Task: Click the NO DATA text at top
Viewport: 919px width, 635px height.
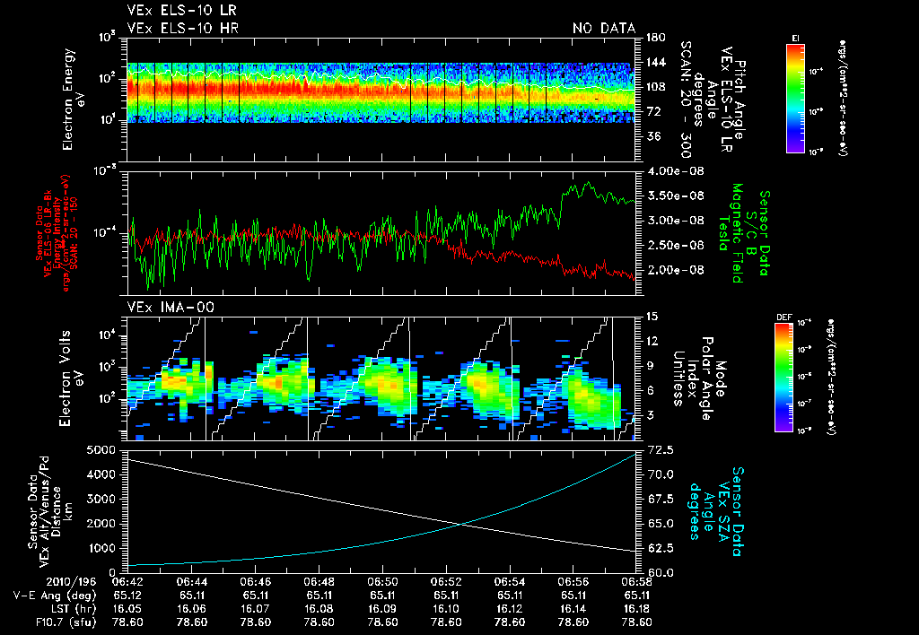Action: [x=603, y=29]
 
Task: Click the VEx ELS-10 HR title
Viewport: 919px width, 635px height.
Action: [x=183, y=29]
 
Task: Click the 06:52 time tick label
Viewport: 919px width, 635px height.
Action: [x=447, y=581]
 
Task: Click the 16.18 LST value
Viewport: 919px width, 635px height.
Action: [x=638, y=607]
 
